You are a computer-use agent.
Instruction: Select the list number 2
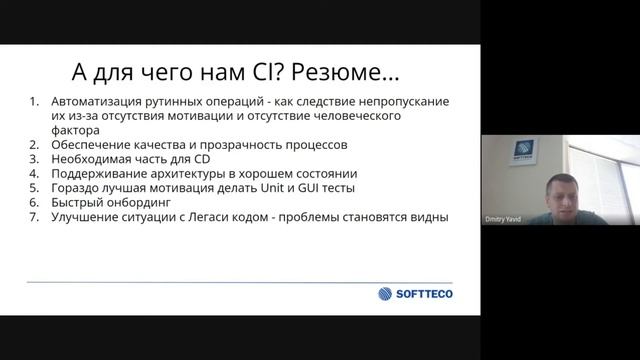(x=33, y=144)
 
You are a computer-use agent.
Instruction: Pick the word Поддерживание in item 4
(x=100, y=172)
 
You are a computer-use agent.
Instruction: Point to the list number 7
(x=33, y=216)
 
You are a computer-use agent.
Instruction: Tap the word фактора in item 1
(x=74, y=130)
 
